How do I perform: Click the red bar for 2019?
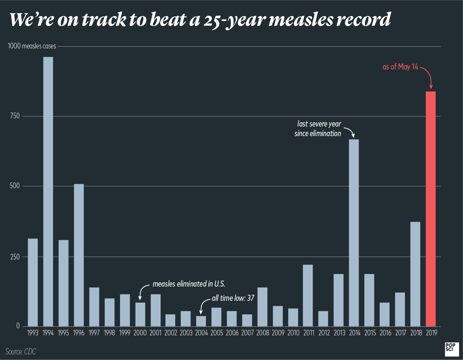[x=431, y=209]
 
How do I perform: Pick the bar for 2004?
[x=201, y=321]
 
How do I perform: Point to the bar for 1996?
[x=79, y=255]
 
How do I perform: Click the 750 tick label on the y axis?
[x=15, y=116]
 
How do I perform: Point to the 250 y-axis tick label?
[x=15, y=257]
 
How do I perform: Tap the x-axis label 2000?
[x=140, y=333]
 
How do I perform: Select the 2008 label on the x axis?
[x=263, y=333]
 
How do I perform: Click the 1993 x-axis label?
[x=33, y=333]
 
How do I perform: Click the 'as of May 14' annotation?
[x=400, y=67]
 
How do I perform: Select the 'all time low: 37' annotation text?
[x=233, y=298]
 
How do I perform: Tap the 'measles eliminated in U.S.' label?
[x=189, y=284]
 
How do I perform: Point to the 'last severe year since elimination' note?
[x=318, y=129]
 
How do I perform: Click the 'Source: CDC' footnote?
[x=21, y=351]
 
